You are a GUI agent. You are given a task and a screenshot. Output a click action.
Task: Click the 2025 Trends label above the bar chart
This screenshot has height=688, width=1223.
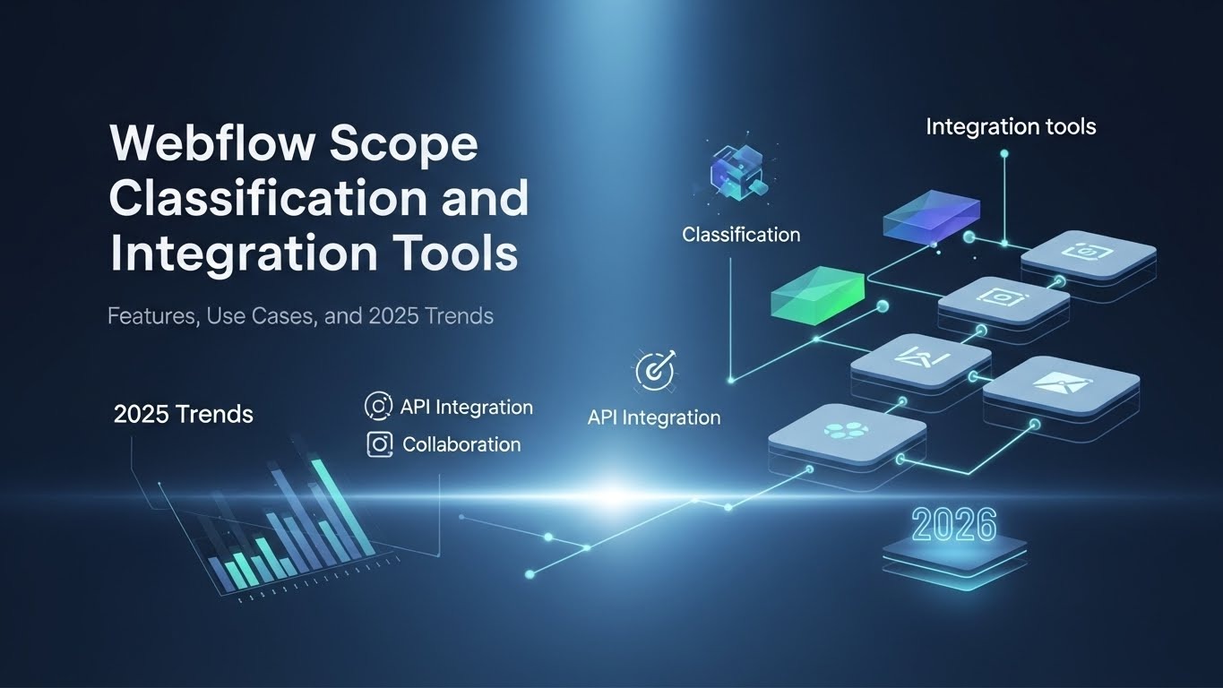[184, 415]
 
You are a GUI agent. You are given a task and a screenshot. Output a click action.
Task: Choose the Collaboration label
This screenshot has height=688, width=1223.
[461, 444]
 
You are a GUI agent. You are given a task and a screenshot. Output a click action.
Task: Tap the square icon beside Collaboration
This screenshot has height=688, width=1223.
[380, 444]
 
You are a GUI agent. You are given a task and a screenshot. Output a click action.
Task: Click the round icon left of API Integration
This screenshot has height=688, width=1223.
[379, 407]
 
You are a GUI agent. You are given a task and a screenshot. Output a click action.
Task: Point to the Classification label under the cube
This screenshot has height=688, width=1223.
[741, 235]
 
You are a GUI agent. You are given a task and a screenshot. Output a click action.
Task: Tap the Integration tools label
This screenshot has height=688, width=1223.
[1011, 126]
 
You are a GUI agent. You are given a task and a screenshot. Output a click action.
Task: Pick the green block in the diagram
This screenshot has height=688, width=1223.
[818, 292]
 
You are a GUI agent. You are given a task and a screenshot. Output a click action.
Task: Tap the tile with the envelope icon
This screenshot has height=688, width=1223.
[1061, 384]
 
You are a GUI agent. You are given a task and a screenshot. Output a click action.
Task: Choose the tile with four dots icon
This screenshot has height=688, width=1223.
[846, 433]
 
